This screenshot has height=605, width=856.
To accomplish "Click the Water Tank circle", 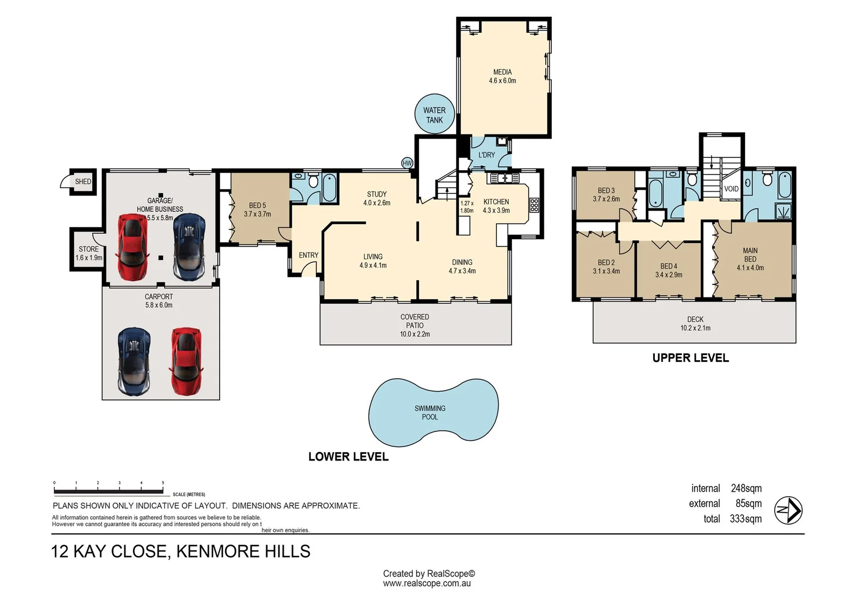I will coord(434,114).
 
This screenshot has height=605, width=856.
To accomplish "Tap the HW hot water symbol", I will coord(407,163).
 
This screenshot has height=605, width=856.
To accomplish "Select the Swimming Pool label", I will coord(430,412).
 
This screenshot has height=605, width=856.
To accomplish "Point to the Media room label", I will coord(502,76).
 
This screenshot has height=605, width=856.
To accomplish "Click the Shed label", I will coord(83,182).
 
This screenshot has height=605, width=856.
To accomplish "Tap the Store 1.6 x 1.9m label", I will coord(89,254).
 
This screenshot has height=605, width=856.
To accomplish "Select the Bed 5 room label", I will coord(257,210).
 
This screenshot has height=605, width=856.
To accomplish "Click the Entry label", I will coord(308,255).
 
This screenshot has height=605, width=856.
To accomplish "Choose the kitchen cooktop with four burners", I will coord(534,205).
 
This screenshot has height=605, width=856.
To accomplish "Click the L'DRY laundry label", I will coord(486,155).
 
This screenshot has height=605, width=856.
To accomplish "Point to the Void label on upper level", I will coord(731,189).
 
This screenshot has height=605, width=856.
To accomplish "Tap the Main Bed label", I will coord(750,259).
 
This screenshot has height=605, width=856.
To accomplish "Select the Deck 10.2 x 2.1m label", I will coord(695,324).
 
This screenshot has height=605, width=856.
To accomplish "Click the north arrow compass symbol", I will coord(788,510).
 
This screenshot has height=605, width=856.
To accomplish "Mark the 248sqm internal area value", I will coord(746,488).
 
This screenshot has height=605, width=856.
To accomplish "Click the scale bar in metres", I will coord(109,491).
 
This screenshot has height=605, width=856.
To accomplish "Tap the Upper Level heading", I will coord(690,358).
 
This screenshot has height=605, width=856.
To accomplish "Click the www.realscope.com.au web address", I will coord(427,584).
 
